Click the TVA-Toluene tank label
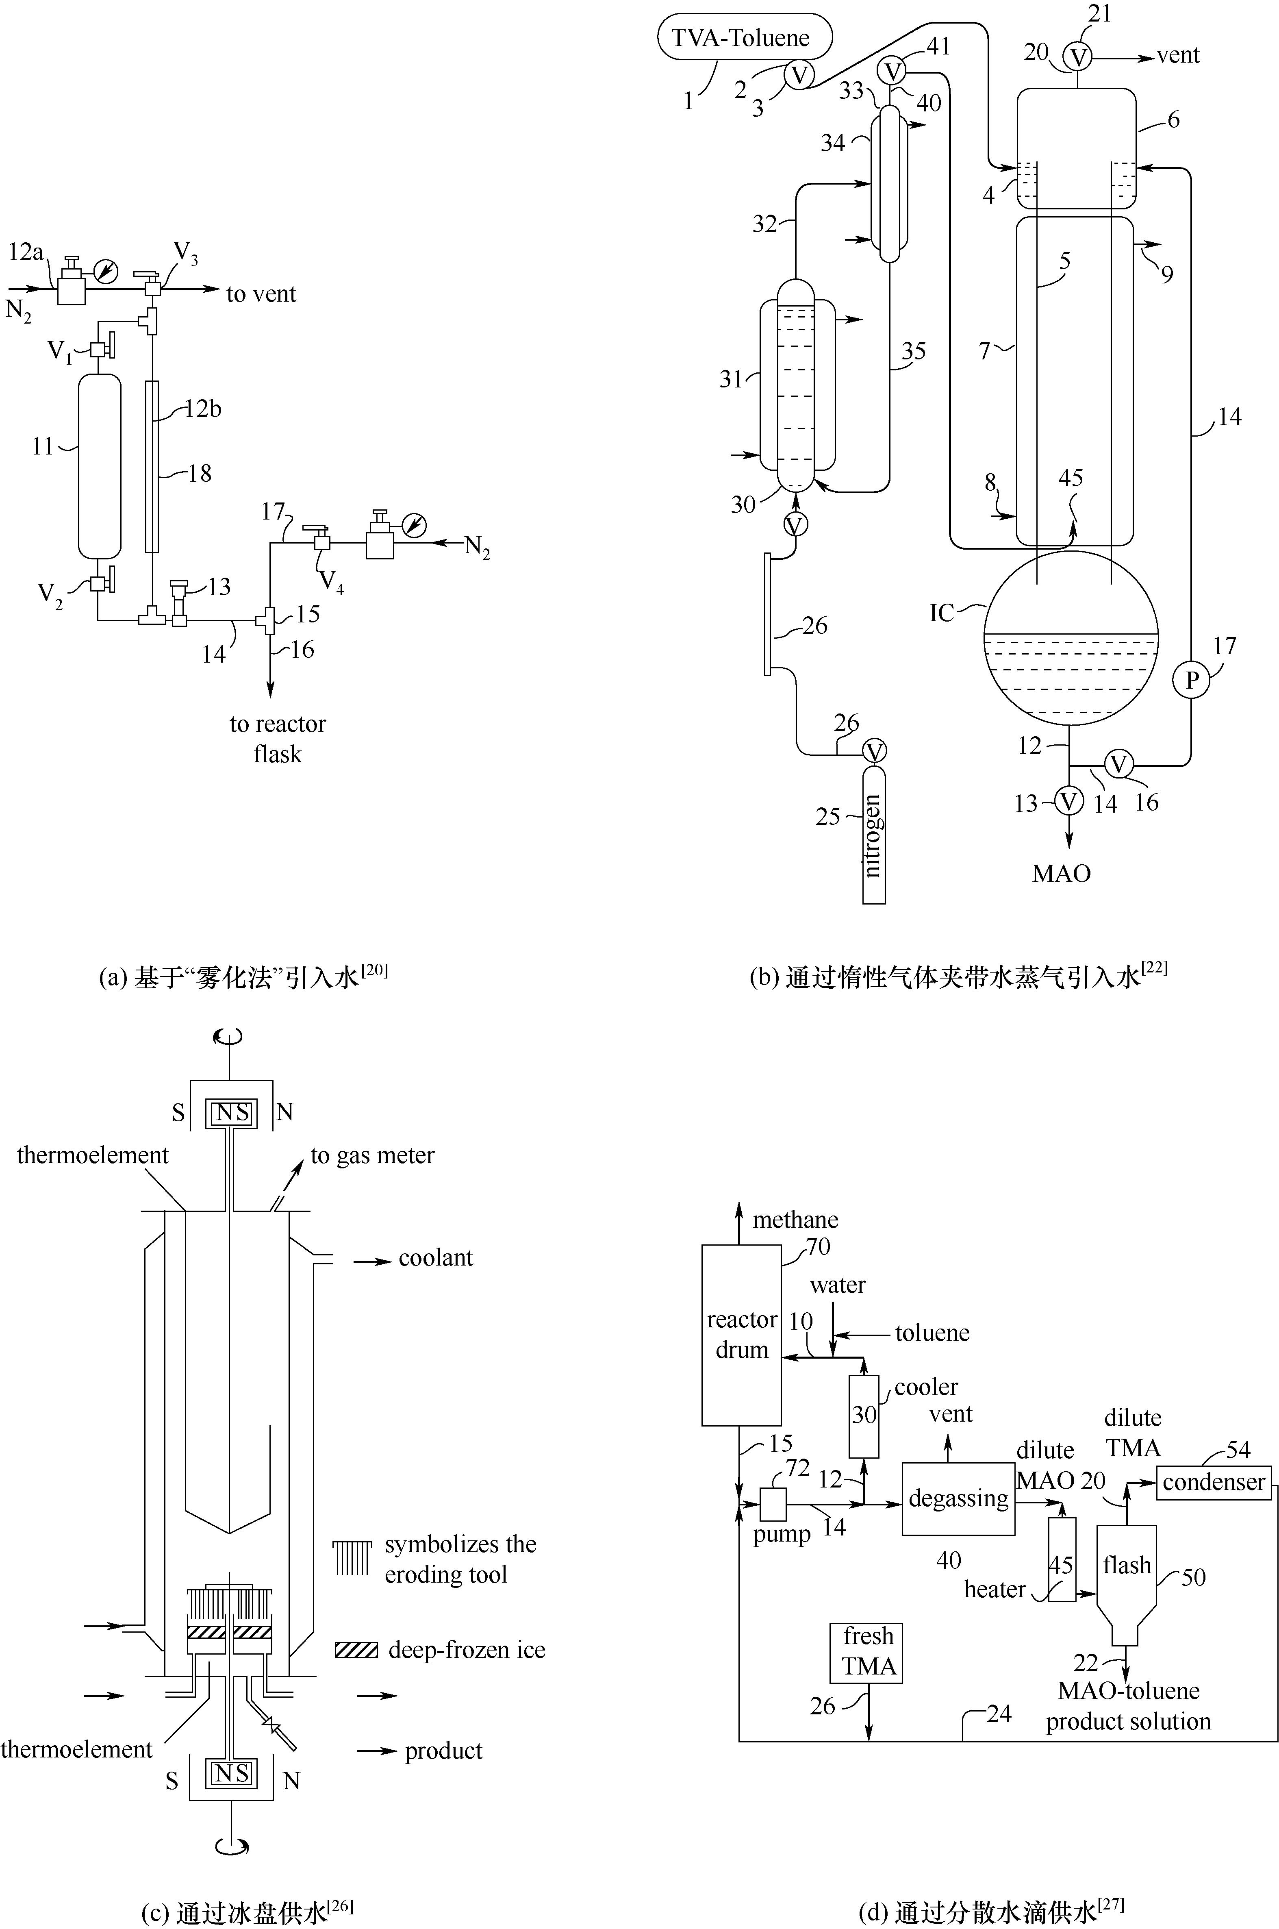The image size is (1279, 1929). click(x=740, y=37)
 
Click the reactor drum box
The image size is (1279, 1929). click(x=741, y=1335)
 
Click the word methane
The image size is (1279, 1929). click(x=795, y=1220)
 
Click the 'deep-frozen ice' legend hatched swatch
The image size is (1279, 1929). click(x=356, y=1650)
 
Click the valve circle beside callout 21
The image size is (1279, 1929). click(x=1078, y=56)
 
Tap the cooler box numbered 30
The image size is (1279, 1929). click(x=864, y=1416)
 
